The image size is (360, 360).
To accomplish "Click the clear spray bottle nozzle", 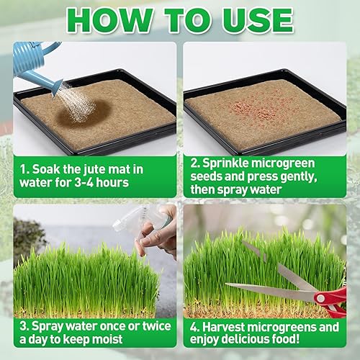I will pos(126,220).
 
